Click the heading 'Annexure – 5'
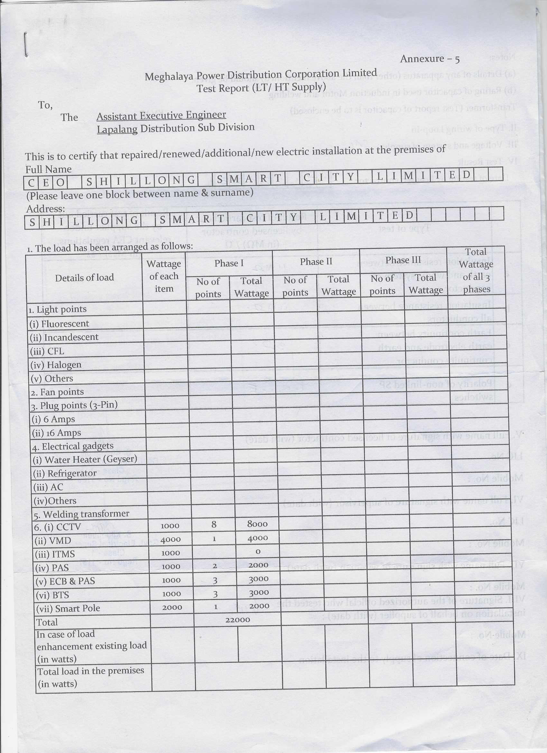click(x=430, y=59)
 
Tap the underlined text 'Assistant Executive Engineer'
click(x=161, y=115)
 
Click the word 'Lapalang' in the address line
click(x=117, y=129)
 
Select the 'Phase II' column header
click(x=316, y=262)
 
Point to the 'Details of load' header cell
click(x=84, y=278)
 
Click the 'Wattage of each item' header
click(x=164, y=276)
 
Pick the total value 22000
click(x=237, y=620)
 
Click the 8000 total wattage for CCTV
click(x=257, y=524)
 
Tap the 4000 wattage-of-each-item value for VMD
click(x=170, y=539)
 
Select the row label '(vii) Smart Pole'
click(x=68, y=608)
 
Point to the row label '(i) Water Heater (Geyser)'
click(x=85, y=460)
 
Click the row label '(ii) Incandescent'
click(x=64, y=337)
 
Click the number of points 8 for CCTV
click(x=214, y=524)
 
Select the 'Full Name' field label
click(x=49, y=169)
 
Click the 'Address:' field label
click(x=45, y=209)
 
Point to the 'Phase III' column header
click(x=403, y=260)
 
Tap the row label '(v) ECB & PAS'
click(x=65, y=581)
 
